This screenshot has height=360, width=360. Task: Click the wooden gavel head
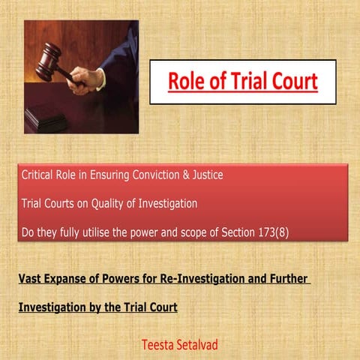coord(50,58)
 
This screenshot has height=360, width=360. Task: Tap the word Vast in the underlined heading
coord(30,280)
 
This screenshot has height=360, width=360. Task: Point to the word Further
coord(285,280)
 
